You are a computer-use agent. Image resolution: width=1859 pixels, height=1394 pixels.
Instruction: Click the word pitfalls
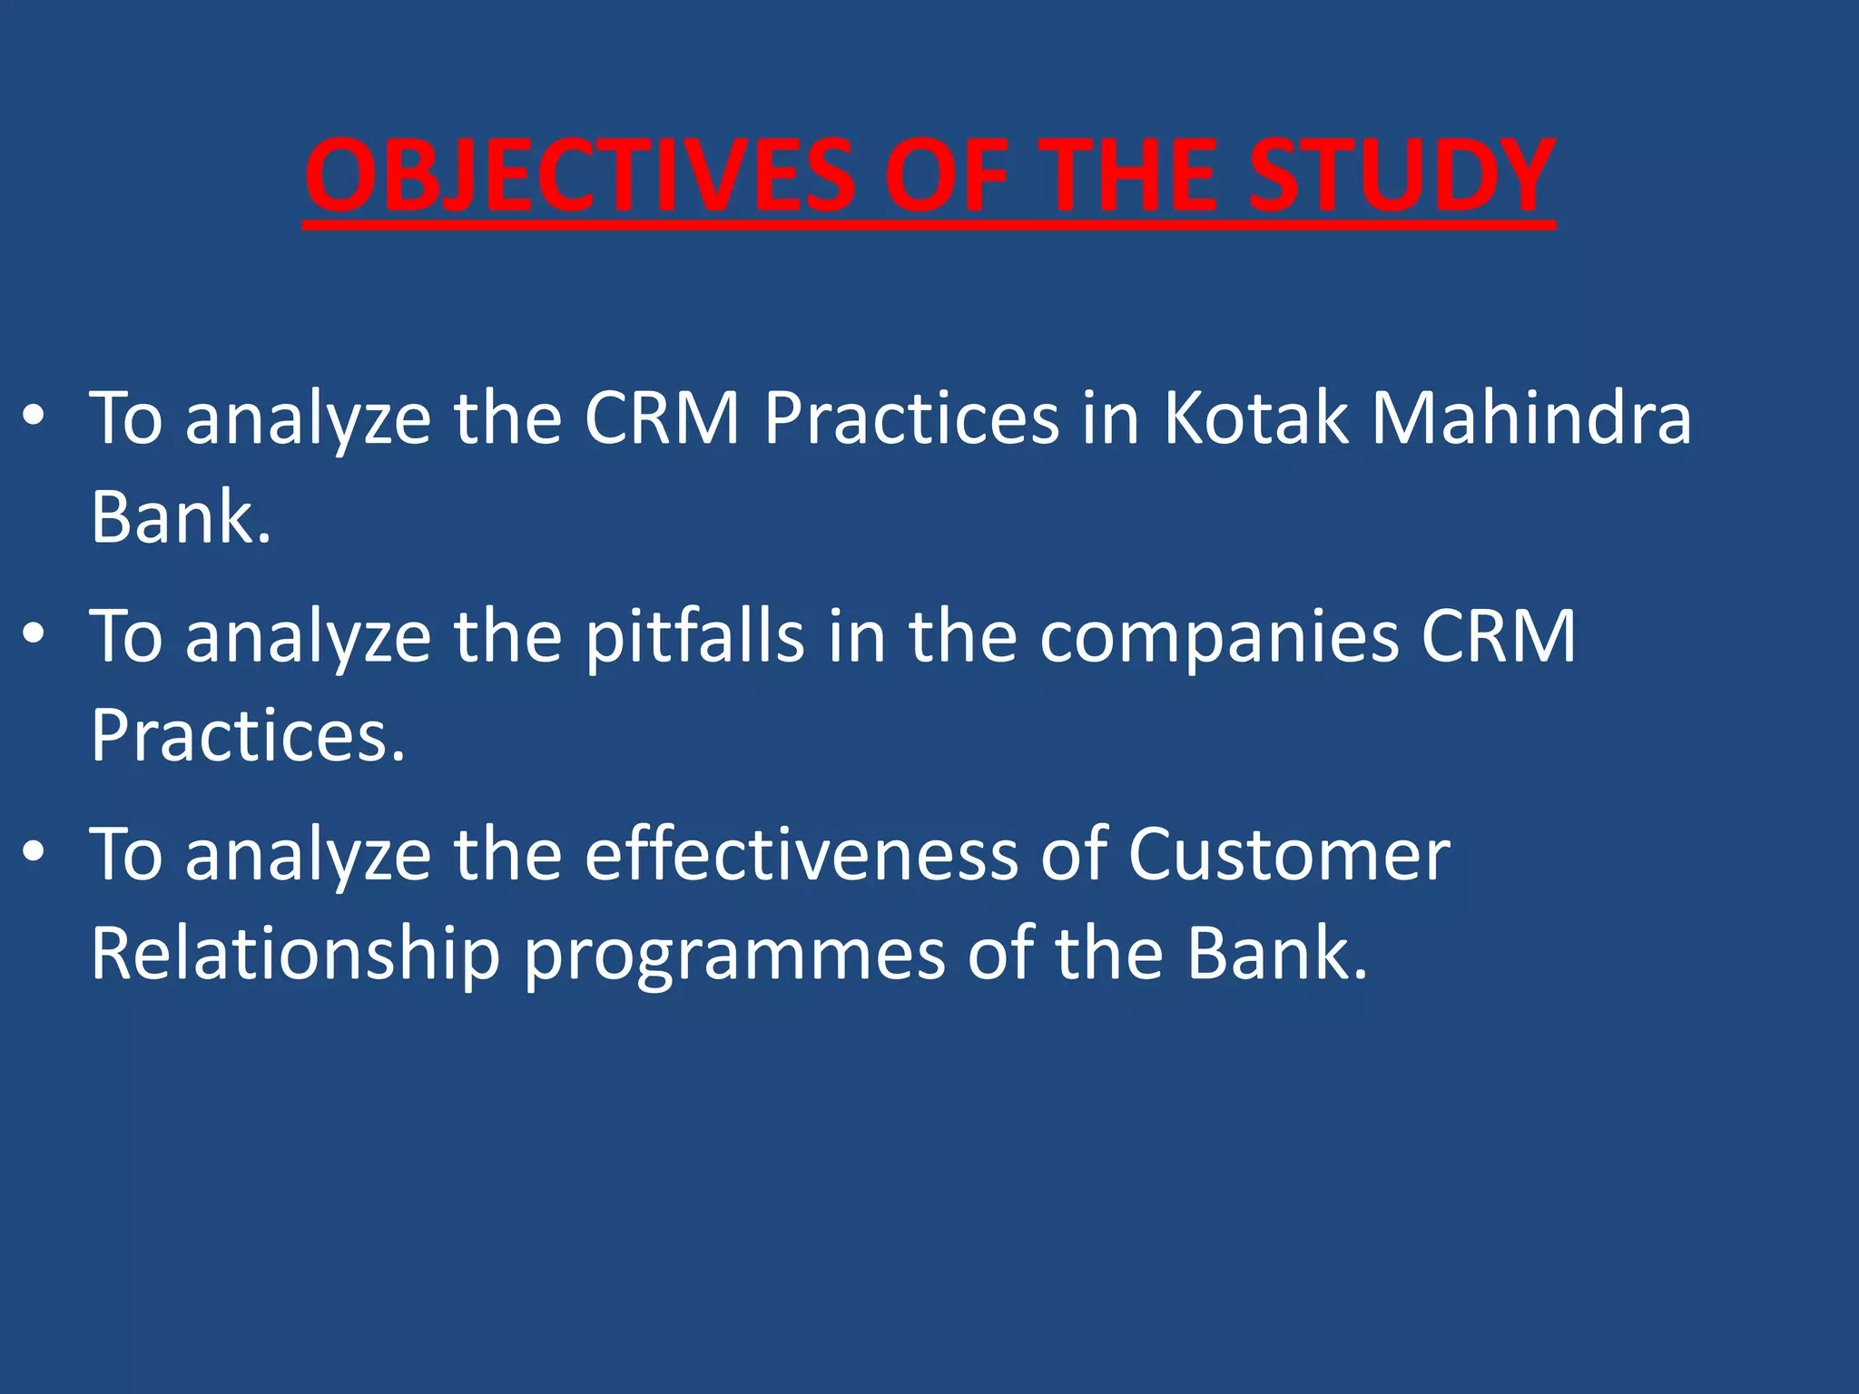point(694,637)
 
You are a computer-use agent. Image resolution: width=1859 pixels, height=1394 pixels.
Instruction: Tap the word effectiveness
point(802,855)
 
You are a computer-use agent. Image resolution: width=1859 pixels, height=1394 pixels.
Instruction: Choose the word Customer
point(1289,855)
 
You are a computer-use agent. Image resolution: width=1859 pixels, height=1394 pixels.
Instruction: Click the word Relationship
point(296,956)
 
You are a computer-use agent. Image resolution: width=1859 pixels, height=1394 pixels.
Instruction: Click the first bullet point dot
point(34,417)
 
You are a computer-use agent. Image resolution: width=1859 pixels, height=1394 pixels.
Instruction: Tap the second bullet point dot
point(34,634)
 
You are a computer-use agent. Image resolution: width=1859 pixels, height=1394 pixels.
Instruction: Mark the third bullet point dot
point(34,852)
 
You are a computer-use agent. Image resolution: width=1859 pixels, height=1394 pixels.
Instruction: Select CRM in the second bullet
point(1499,637)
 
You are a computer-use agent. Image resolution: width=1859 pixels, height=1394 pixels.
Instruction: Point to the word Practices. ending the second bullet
point(248,736)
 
